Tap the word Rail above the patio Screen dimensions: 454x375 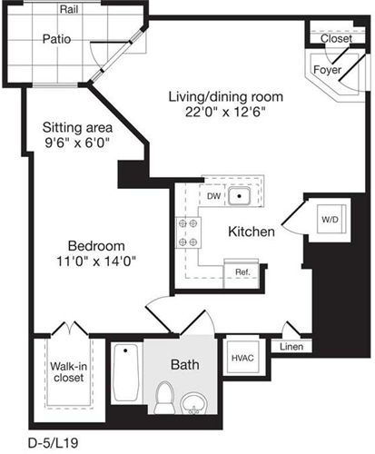click(x=68, y=9)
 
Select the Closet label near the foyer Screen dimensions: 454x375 click(x=336, y=39)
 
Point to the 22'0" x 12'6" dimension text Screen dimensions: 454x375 click(x=222, y=113)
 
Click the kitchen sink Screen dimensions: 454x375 click(x=240, y=194)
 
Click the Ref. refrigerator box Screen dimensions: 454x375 click(x=242, y=271)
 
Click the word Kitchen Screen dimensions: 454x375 click(x=252, y=232)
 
